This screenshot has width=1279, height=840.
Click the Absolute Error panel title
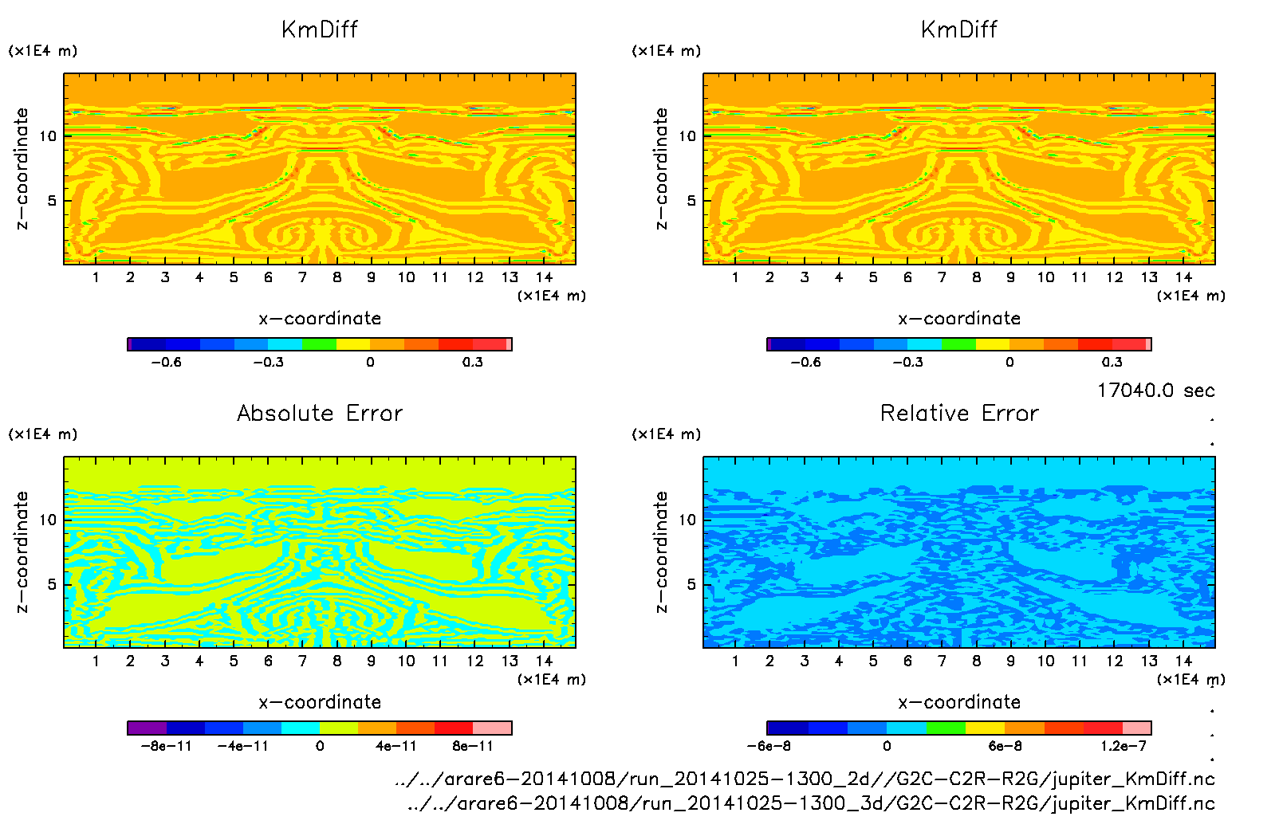pyautogui.click(x=320, y=413)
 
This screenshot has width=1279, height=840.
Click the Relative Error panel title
pyautogui.click(x=959, y=413)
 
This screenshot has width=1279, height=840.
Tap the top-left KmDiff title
pyautogui.click(x=320, y=29)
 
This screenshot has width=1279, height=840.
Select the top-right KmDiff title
pyautogui.click(x=959, y=29)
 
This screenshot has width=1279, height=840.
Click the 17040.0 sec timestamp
pyautogui.click(x=1155, y=391)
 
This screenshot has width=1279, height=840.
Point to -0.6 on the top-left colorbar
pyautogui.click(x=167, y=362)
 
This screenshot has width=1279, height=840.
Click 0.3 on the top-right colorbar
pyautogui.click(x=1112, y=362)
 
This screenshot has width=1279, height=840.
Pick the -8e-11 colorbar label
pyautogui.click(x=167, y=746)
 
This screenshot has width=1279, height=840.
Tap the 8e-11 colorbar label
pyautogui.click(x=473, y=746)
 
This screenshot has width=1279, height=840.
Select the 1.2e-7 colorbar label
pyautogui.click(x=1124, y=746)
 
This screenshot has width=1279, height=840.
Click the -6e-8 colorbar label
pyautogui.click(x=769, y=746)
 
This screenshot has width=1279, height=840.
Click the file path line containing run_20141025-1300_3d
pyautogui.click(x=811, y=803)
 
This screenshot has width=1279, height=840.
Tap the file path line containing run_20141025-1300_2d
pyautogui.click(x=805, y=779)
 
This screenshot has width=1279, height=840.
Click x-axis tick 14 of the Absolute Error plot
pyautogui.click(x=544, y=661)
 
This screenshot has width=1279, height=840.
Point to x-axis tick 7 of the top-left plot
pyautogui.click(x=302, y=277)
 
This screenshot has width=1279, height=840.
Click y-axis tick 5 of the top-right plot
pyautogui.click(x=691, y=201)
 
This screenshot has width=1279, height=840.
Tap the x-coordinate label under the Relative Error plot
pyautogui.click(x=959, y=702)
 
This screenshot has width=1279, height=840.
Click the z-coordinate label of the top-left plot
pyautogui.click(x=22, y=169)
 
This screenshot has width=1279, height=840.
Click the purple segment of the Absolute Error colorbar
pyautogui.click(x=148, y=728)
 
